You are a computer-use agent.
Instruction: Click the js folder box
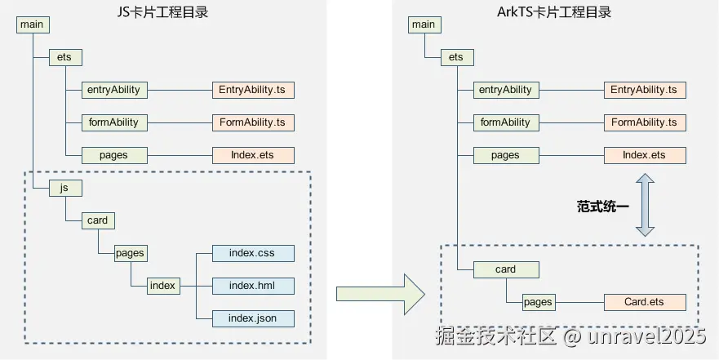[x=65, y=188]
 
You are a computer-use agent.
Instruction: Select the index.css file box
[x=253, y=253]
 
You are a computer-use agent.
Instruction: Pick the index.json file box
[x=253, y=318]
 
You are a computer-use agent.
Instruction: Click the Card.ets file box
[x=645, y=302]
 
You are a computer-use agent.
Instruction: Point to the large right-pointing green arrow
[x=380, y=294]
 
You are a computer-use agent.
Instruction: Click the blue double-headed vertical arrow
[x=645, y=205]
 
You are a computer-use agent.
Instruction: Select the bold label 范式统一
[x=603, y=206]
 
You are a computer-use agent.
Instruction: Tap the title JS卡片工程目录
[x=162, y=11]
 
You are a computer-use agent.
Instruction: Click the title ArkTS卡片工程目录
[x=554, y=11]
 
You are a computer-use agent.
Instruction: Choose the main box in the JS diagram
[x=33, y=24]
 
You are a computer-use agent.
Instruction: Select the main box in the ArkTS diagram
[x=424, y=24]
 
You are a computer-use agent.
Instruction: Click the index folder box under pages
[x=163, y=286]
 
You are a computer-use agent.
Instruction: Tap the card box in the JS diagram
[x=98, y=220]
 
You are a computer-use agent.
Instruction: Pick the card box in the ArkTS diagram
[x=506, y=269]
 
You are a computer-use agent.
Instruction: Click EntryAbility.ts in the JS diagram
[x=253, y=90]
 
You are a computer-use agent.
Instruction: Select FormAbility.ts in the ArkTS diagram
[x=645, y=122]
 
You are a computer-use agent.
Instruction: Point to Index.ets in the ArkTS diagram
[x=645, y=155]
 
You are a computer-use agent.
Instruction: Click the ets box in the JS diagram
[x=65, y=57]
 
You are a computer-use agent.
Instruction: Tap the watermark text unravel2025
[x=646, y=336]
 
